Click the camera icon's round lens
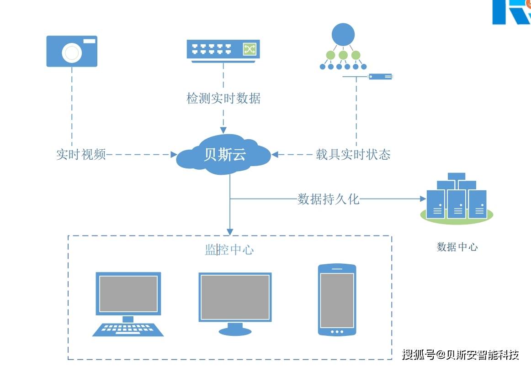click(72, 53)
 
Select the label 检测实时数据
click(223, 99)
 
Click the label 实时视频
click(81, 155)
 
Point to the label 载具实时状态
click(353, 155)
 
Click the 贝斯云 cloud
click(224, 155)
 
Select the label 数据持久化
click(329, 199)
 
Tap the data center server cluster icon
click(457, 199)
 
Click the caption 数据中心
click(457, 247)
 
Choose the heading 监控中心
click(229, 250)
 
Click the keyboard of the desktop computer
click(128, 329)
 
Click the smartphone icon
click(337, 300)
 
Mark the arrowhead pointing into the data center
click(422, 199)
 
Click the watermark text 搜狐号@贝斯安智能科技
click(461, 355)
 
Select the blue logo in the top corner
click(511, 12)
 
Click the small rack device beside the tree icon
click(380, 77)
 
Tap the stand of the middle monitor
click(235, 329)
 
